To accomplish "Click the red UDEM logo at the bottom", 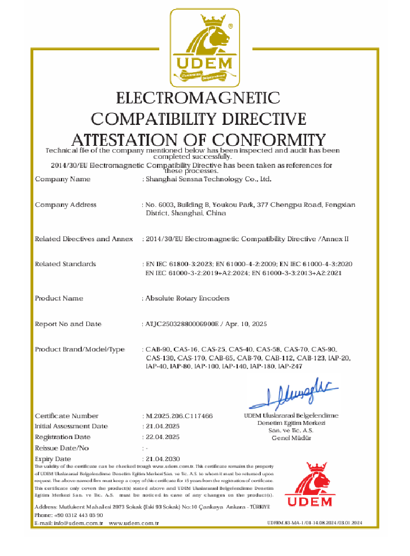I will pyautogui.click(x=309, y=485).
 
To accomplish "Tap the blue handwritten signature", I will pyautogui.click(x=294, y=391).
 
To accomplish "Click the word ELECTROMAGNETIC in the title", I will pyautogui.click(x=198, y=98).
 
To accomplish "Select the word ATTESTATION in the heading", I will pyautogui.click(x=123, y=140).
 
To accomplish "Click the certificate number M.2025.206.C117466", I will pyautogui.click(x=179, y=416).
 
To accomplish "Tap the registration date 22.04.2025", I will pyautogui.click(x=163, y=437).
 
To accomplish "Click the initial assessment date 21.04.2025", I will pyautogui.click(x=163, y=427).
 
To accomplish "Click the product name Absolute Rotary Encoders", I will pyautogui.click(x=187, y=298).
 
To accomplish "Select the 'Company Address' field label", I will pyautogui.click(x=66, y=205).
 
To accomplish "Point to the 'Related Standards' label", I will pyautogui.click(x=66, y=264).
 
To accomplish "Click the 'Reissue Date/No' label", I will pyautogui.click(x=62, y=448).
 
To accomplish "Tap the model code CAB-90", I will pyautogui.click(x=157, y=350).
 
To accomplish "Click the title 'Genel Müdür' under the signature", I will pyautogui.click(x=291, y=438).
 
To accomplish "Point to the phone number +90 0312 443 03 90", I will pyautogui.click(x=78, y=515).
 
